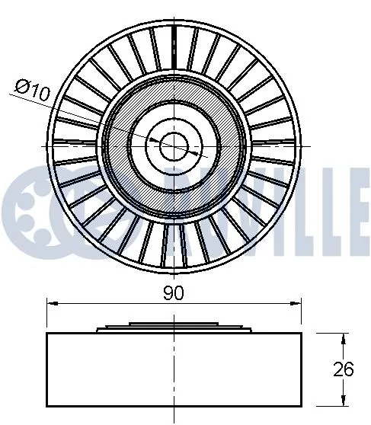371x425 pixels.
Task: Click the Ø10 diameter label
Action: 31,90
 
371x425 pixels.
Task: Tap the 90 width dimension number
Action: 174,292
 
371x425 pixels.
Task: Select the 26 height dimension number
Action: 344,369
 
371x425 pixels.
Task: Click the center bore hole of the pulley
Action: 174,142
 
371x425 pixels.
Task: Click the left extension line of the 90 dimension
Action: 48,316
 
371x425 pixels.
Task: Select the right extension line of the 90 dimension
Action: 301,316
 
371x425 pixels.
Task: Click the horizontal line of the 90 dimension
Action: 114,302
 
